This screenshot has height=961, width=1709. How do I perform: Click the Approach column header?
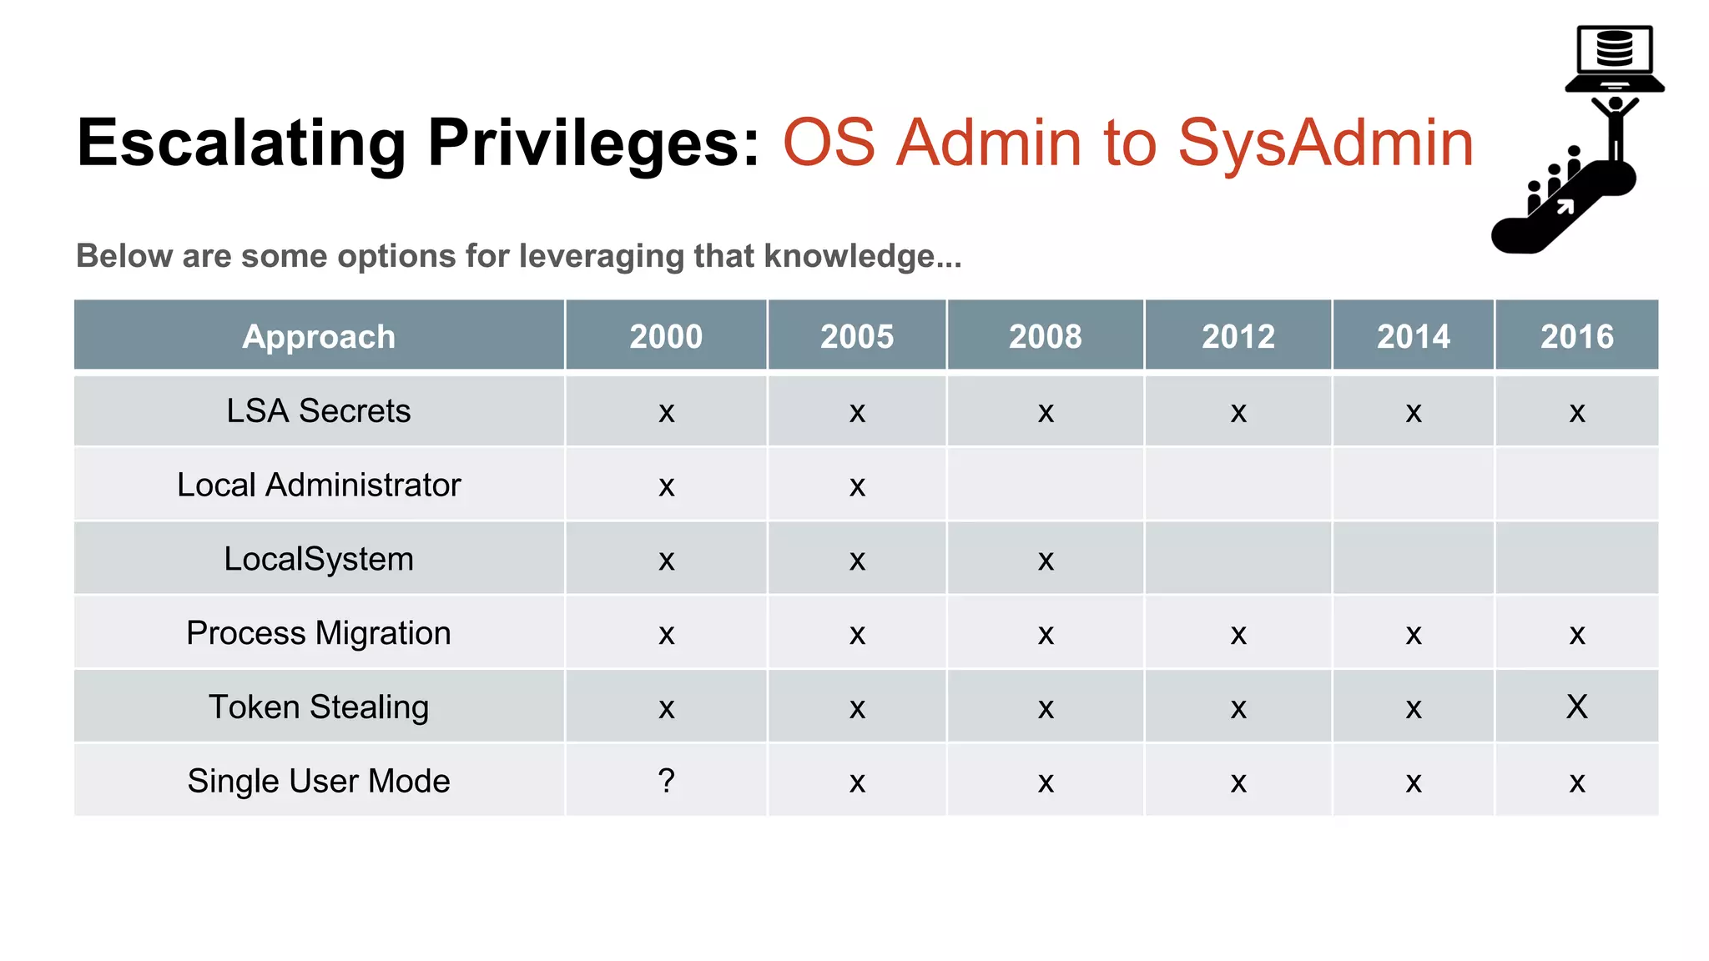click(x=319, y=336)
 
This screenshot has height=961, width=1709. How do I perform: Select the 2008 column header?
click(x=1045, y=336)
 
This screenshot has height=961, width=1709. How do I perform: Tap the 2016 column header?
click(x=1576, y=336)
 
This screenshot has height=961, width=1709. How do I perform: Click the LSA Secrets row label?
click(x=319, y=410)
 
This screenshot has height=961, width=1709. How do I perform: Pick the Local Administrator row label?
click(x=319, y=485)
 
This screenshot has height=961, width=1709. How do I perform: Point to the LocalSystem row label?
click(x=319, y=559)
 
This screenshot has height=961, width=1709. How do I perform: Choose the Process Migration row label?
click(x=319, y=633)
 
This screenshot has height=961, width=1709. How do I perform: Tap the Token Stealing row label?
click(x=319, y=707)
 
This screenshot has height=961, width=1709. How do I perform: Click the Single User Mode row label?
click(x=319, y=782)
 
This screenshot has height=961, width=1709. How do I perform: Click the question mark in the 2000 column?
click(x=666, y=781)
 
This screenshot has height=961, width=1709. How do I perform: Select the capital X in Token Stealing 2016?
click(x=1576, y=707)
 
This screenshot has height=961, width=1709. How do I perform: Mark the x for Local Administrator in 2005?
click(x=857, y=486)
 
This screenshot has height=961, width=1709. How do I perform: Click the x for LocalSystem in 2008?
click(x=1046, y=561)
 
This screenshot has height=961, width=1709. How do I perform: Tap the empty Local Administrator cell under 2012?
click(x=1238, y=485)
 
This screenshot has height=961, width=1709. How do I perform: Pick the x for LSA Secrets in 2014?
click(x=1413, y=412)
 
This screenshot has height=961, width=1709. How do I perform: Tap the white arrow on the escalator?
click(x=1565, y=206)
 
